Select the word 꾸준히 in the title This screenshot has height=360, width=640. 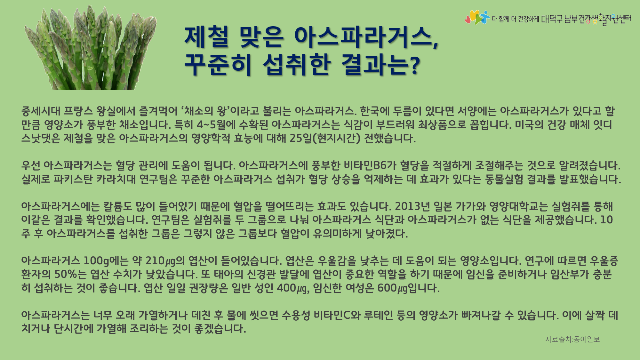218,64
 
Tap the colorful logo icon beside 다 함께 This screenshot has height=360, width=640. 477,17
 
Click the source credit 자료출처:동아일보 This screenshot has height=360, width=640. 572,339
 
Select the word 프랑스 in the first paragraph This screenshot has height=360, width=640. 78,111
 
